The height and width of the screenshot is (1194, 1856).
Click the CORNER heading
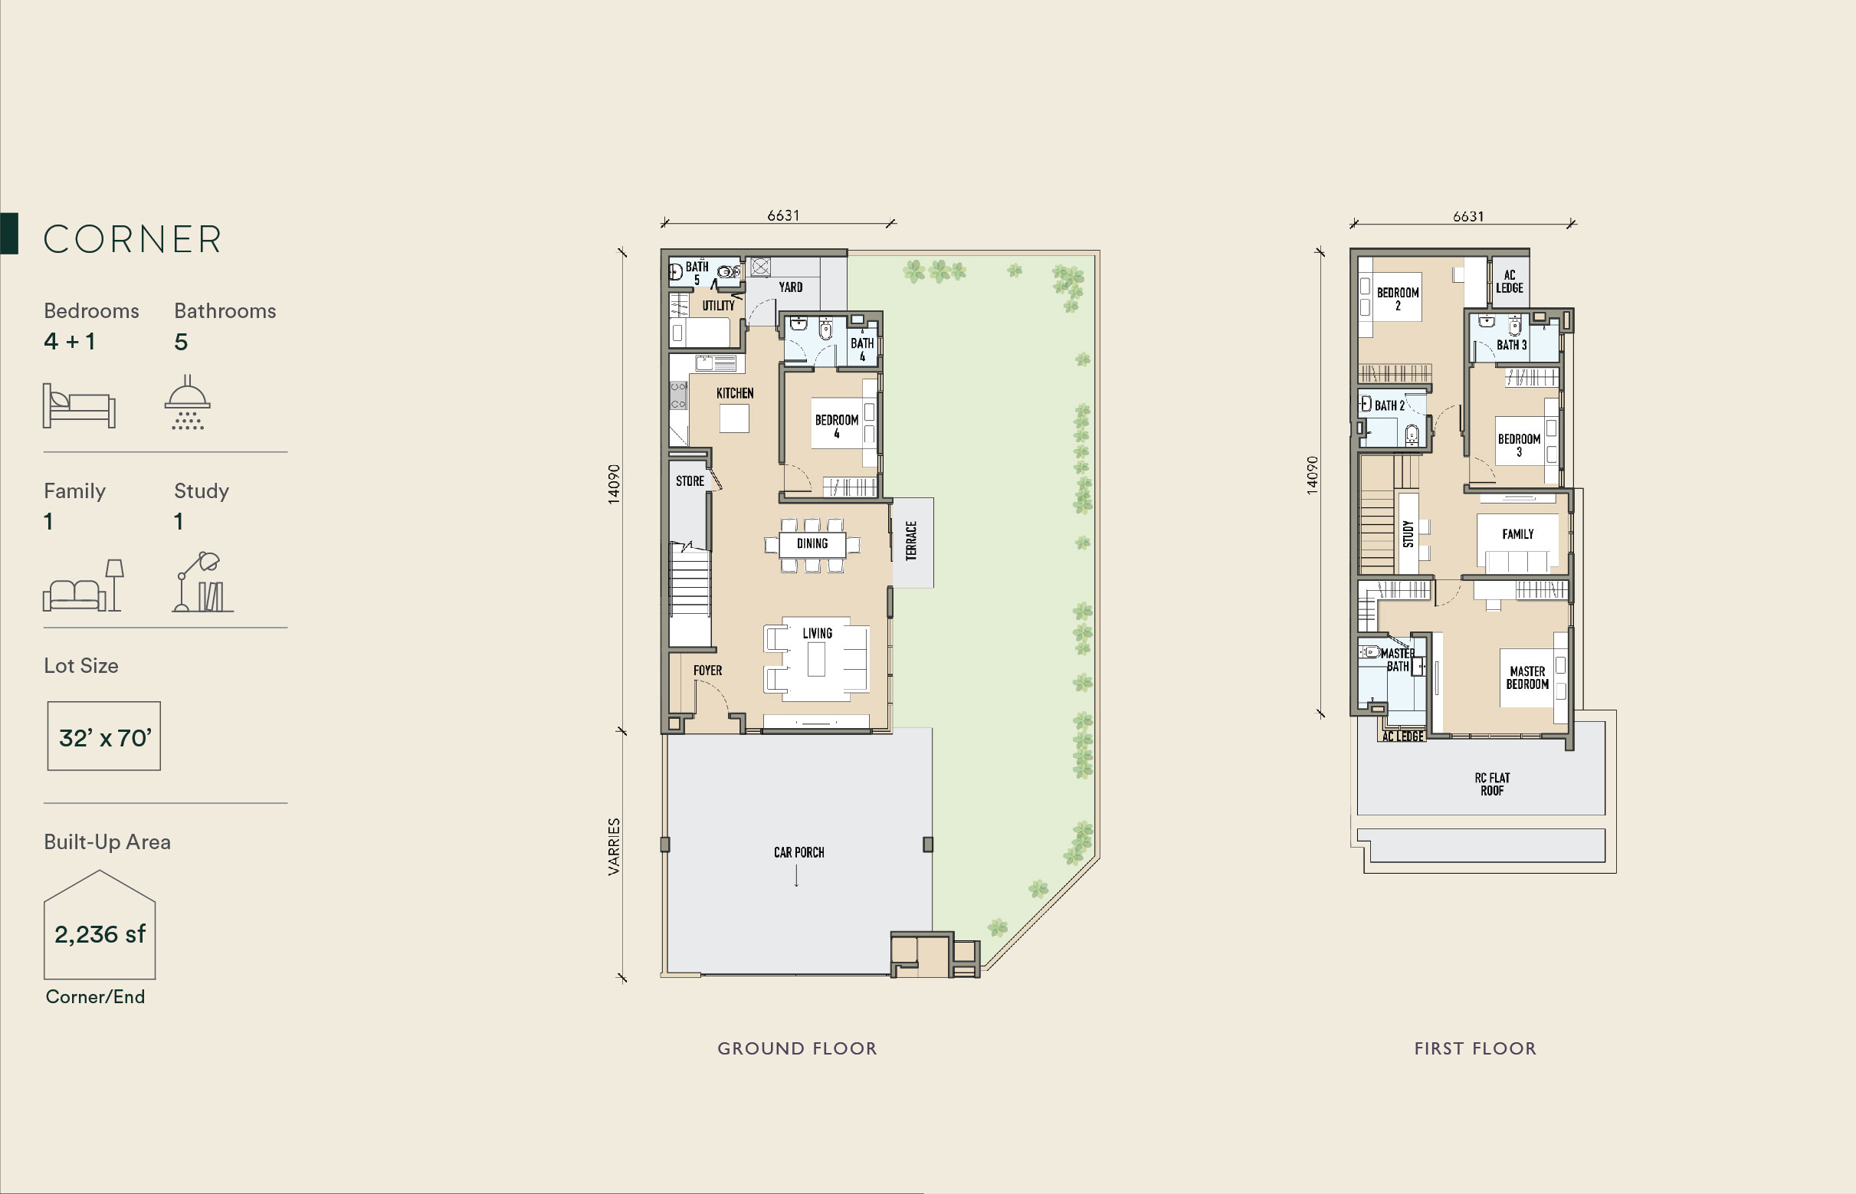point(133,239)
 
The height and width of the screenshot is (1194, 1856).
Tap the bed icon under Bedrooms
point(79,405)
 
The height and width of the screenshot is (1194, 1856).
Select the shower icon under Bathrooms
point(188,402)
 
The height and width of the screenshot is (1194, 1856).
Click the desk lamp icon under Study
point(203,582)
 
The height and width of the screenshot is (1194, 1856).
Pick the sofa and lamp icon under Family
point(83,586)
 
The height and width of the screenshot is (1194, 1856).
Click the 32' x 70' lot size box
point(104,736)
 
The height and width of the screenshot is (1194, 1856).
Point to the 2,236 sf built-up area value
point(100,934)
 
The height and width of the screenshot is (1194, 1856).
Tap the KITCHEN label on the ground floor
point(735,393)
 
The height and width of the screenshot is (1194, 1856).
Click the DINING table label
point(812,543)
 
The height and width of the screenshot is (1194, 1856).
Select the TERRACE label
point(912,540)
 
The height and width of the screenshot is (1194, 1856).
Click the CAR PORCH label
point(798,852)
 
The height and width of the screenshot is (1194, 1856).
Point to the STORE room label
point(690,481)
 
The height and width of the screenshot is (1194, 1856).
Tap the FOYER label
point(708,670)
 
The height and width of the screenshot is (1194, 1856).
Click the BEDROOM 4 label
point(837,426)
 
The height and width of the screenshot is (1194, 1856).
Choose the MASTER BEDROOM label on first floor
point(1527,677)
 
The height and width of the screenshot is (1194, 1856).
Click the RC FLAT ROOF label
point(1493,784)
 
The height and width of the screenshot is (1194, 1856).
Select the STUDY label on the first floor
point(1408,533)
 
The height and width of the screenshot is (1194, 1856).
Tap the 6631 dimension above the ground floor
point(783,215)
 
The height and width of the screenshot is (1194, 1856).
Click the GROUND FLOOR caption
point(797,1048)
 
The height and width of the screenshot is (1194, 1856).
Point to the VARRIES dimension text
point(614,847)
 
